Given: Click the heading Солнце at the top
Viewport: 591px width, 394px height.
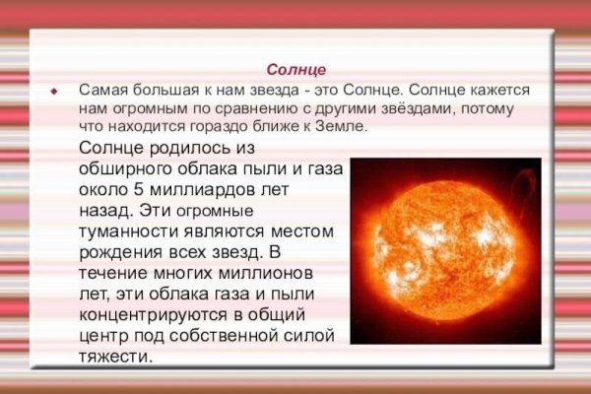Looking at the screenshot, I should (x=295, y=70).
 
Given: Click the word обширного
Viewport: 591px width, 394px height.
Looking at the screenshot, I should (x=123, y=169).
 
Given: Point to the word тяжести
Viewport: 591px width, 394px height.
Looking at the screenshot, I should (x=114, y=356).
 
